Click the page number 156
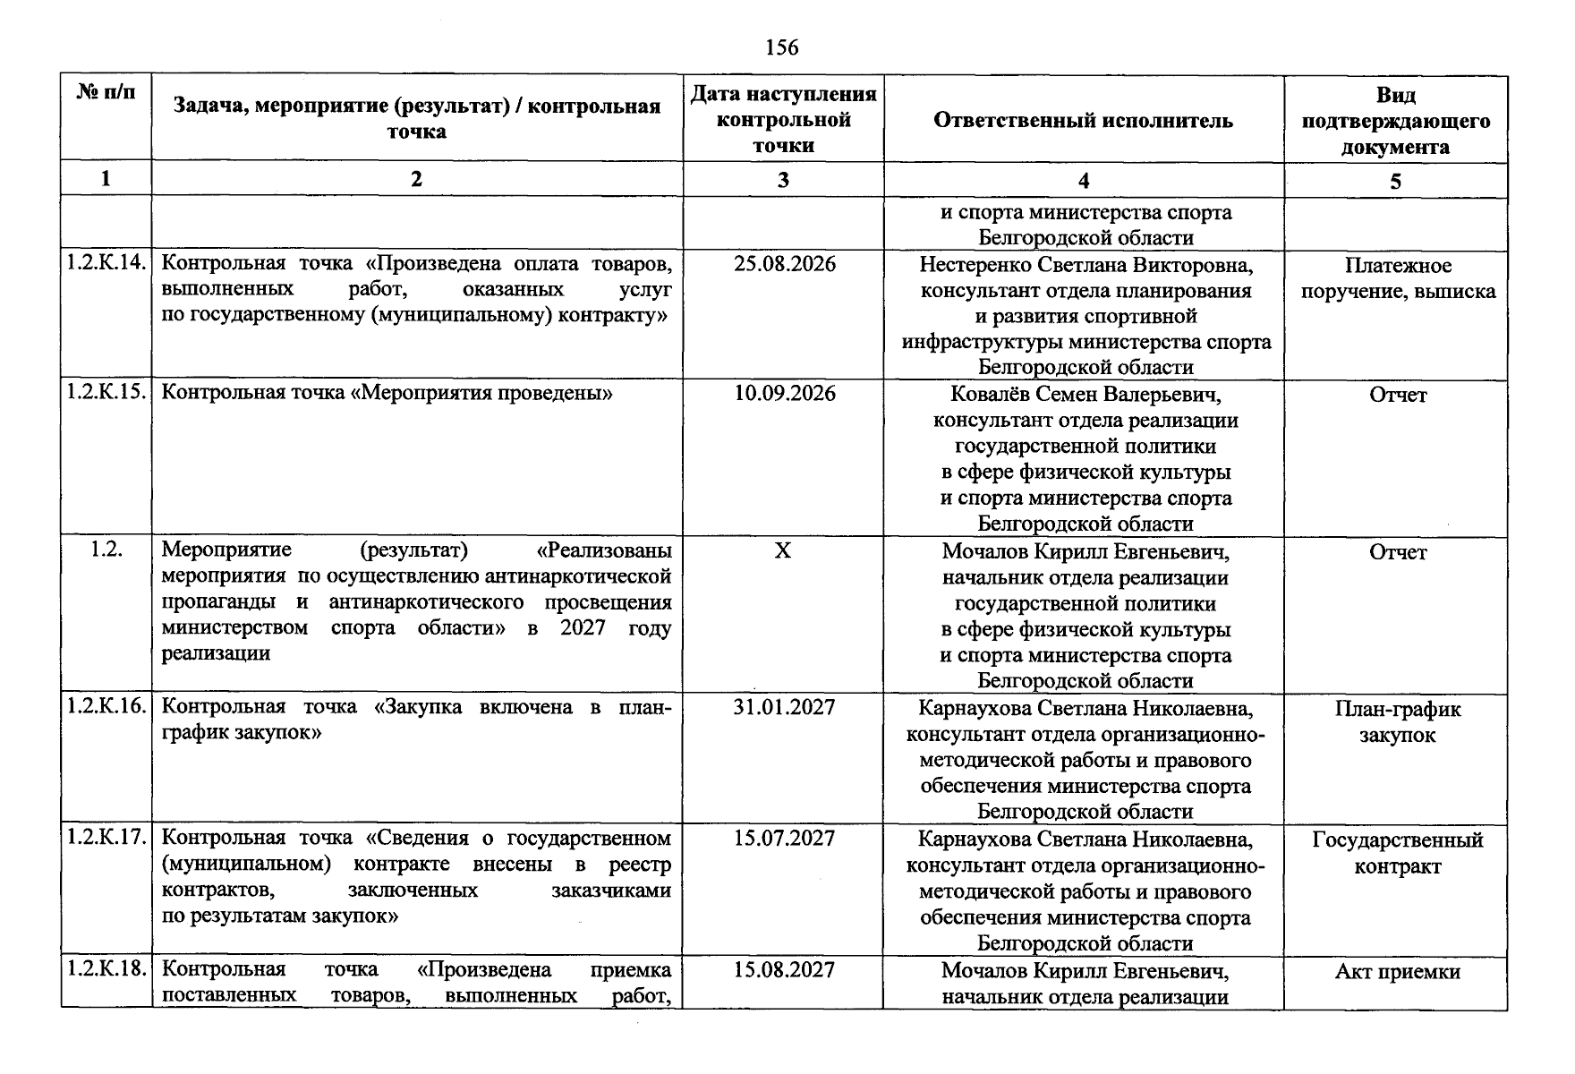[x=782, y=47]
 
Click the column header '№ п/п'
[x=106, y=93]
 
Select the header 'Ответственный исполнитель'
[x=1083, y=121]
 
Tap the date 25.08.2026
[x=784, y=265]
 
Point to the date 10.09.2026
[x=784, y=394]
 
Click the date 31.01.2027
[x=784, y=708]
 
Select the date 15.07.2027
[x=784, y=839]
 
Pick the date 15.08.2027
[x=784, y=970]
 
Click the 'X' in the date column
[x=782, y=551]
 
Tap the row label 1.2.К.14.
[x=106, y=264]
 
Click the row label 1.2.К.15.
[x=106, y=393]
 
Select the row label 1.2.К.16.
[x=106, y=707]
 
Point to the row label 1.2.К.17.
[x=106, y=839]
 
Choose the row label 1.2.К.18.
[x=106, y=969]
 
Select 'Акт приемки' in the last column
[x=1397, y=972]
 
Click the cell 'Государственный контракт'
[x=1397, y=853]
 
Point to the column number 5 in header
[x=1395, y=182]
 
